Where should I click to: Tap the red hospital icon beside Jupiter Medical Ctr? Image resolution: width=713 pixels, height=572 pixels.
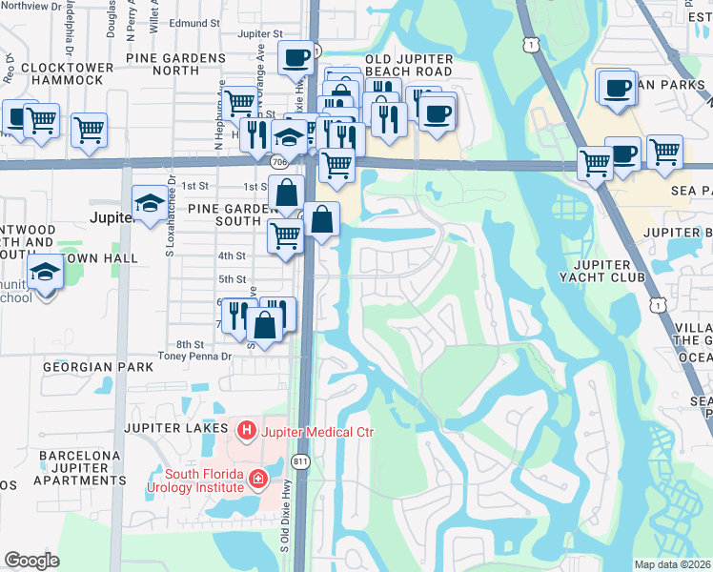tap(248, 432)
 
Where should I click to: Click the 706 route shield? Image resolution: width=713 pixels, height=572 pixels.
tap(278, 163)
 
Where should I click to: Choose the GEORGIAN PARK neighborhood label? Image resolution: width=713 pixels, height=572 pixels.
tap(97, 366)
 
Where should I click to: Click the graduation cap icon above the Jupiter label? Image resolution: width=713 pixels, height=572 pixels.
tap(150, 202)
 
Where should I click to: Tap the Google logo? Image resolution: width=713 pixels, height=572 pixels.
tap(32, 560)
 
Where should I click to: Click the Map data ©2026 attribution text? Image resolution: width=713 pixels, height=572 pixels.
tap(672, 564)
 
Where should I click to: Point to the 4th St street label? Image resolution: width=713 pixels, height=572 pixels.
tap(232, 255)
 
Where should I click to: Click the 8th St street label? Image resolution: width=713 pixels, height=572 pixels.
tap(190, 344)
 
